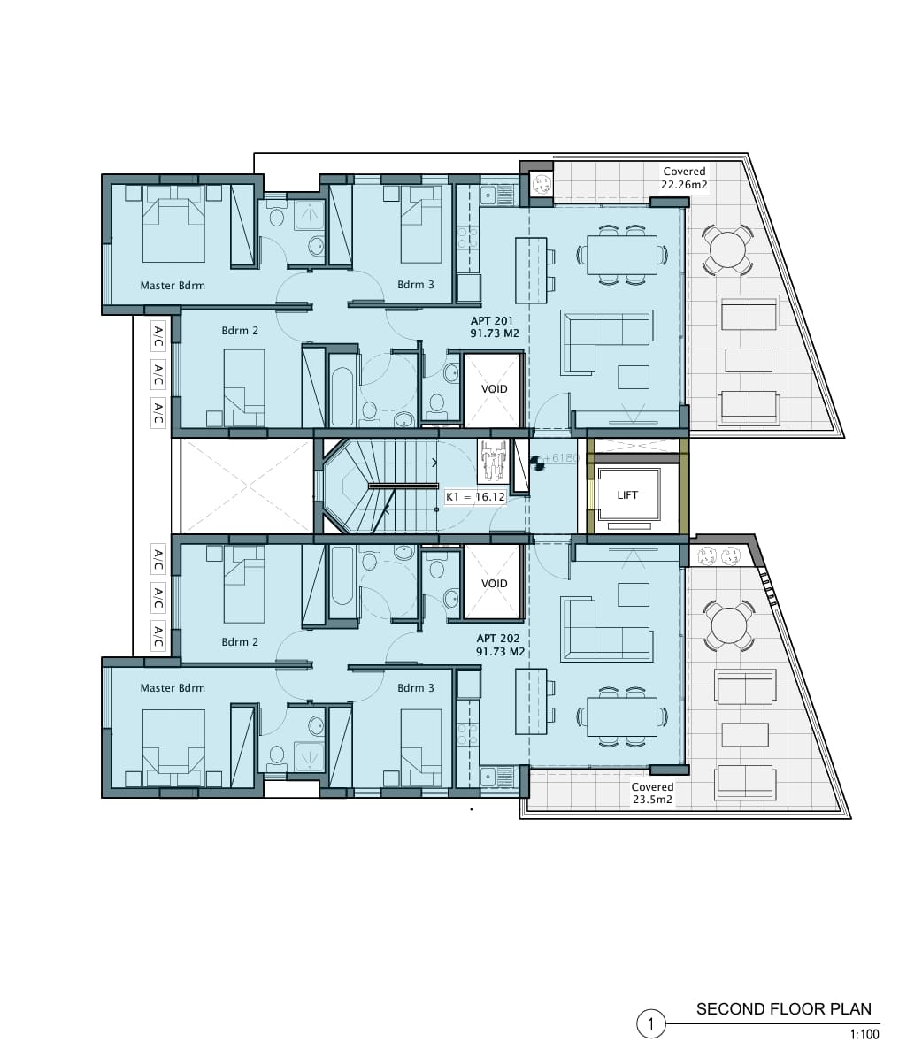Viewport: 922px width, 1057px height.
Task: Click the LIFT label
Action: (x=627, y=494)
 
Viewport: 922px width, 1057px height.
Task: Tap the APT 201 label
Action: (x=492, y=321)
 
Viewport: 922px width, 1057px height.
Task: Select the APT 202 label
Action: (x=498, y=639)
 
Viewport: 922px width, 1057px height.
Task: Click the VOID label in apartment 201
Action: (x=495, y=389)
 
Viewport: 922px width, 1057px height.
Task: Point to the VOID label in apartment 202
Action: (x=495, y=584)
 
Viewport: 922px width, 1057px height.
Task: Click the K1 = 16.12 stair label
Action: (x=475, y=497)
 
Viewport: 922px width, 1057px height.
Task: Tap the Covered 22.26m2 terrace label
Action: (x=684, y=178)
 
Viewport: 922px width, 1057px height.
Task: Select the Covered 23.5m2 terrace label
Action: (x=652, y=793)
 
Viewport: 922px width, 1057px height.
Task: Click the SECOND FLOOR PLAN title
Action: (x=784, y=1009)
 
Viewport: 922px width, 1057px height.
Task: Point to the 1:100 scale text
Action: (x=864, y=1034)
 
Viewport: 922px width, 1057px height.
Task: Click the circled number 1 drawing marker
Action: (x=651, y=1024)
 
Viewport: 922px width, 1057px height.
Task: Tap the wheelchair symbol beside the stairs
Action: (x=493, y=461)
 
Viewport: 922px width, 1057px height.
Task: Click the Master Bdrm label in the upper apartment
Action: (x=173, y=286)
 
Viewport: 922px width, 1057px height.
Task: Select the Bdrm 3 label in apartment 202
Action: (x=416, y=688)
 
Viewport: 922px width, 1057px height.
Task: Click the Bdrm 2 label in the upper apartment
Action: (x=240, y=331)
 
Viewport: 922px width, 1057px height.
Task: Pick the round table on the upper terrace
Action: (x=727, y=250)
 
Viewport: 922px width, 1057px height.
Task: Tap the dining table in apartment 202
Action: (x=622, y=716)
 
